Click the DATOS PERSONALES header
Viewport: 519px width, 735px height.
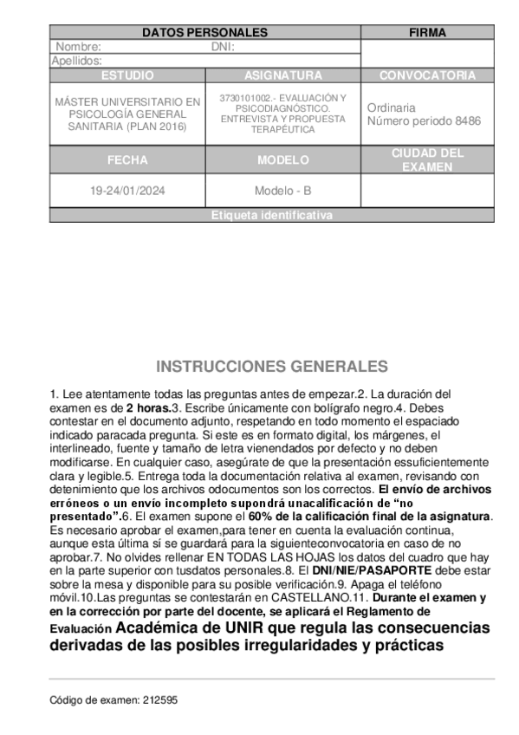point(204,33)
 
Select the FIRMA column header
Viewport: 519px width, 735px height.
point(427,33)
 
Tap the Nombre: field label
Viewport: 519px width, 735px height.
point(78,47)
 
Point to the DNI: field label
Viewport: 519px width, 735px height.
point(223,47)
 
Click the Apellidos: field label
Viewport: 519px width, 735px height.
point(77,61)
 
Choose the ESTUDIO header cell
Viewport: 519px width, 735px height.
point(127,75)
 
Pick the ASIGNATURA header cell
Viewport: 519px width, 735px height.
point(282,75)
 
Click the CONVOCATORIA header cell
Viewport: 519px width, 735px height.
point(427,75)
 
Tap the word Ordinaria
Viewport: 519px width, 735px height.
point(391,107)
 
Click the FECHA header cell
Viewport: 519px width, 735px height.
point(127,160)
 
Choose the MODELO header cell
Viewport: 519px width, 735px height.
point(282,160)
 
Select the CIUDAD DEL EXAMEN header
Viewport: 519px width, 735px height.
point(427,160)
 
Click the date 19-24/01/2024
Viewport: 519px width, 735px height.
point(127,191)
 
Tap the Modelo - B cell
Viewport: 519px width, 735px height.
point(282,191)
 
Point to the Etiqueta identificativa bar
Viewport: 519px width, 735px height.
point(271,216)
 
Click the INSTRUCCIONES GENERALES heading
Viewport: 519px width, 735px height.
point(271,367)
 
